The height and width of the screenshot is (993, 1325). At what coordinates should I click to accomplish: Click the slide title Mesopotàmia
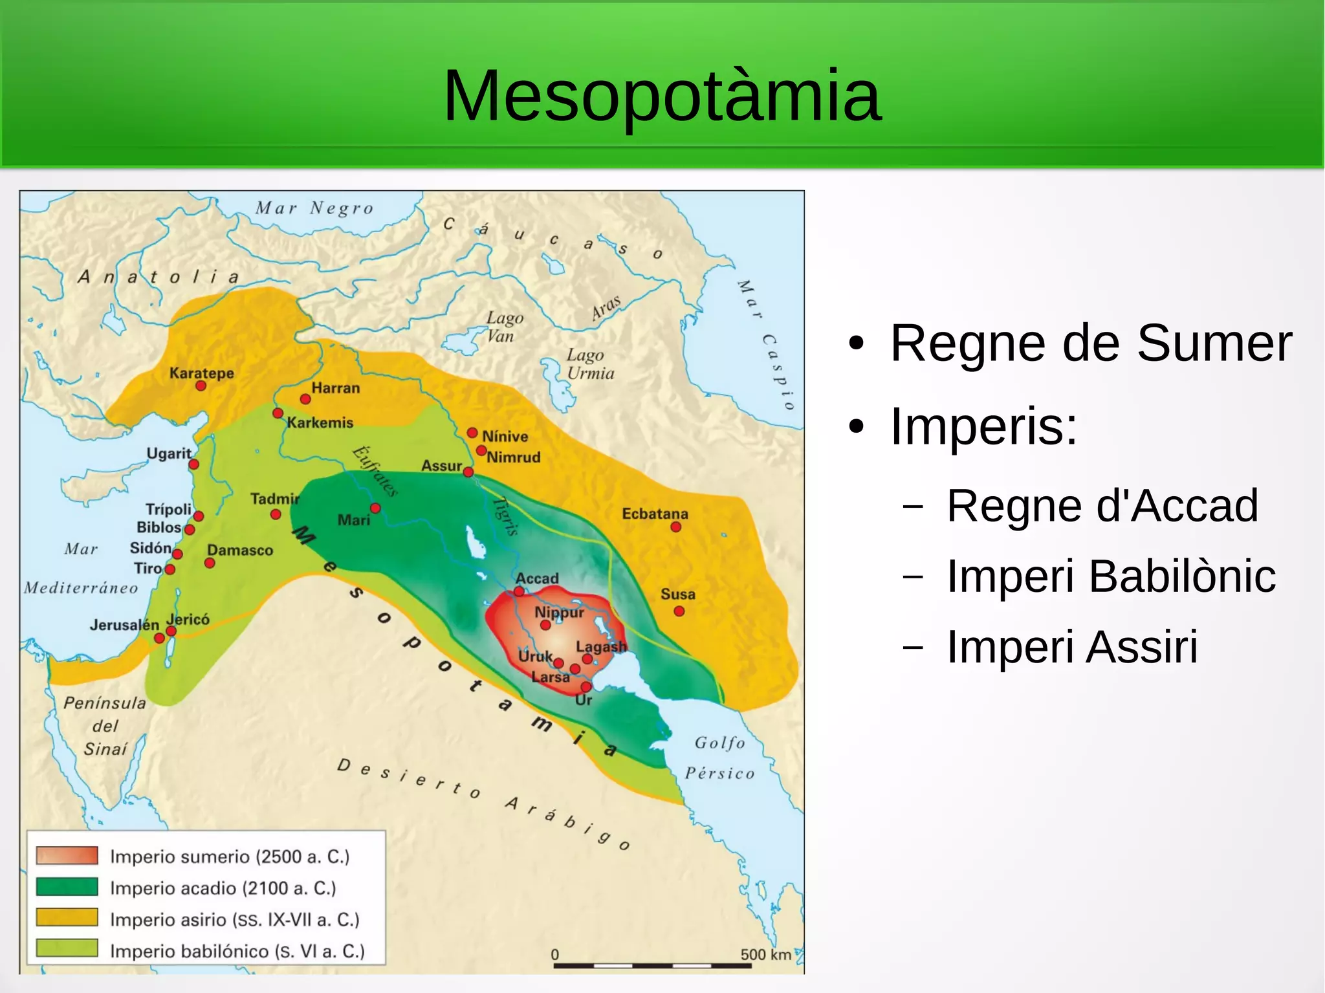pos(662,96)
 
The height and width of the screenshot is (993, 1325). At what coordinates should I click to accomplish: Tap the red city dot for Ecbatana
pos(675,527)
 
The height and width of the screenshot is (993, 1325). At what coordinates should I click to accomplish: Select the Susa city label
pos(677,594)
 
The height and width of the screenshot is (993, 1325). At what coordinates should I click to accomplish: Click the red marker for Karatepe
pos(201,386)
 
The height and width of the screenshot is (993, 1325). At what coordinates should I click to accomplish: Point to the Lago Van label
pos(504,327)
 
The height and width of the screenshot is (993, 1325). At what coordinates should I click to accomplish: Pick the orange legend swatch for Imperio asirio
pos(67,917)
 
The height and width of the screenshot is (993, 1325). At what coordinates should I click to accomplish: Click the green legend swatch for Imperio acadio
pos(67,886)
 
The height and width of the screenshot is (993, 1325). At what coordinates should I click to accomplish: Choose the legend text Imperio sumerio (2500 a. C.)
pos(229,857)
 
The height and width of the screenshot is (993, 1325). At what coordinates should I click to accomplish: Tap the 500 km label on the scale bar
pos(765,954)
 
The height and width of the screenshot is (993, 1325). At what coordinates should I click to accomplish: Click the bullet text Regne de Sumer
pos(1090,343)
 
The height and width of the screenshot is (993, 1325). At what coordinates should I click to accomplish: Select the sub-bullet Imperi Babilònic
pos(1110,576)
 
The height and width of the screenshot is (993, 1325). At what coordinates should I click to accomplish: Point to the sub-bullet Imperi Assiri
pos(1071,646)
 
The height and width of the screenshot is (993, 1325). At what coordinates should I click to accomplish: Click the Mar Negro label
pos(314,208)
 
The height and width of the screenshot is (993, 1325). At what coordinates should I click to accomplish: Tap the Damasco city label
pos(240,550)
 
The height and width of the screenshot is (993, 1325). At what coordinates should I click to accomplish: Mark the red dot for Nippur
pos(545,625)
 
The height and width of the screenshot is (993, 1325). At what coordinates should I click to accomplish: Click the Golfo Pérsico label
pos(719,758)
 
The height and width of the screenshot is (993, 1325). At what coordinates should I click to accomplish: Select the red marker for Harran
pos(305,399)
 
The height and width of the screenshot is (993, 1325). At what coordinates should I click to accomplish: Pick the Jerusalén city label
pos(124,625)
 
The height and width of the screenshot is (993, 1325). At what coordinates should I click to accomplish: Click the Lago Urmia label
pos(590,364)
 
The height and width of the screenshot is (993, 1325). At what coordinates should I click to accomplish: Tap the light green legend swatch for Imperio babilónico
pos(67,948)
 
